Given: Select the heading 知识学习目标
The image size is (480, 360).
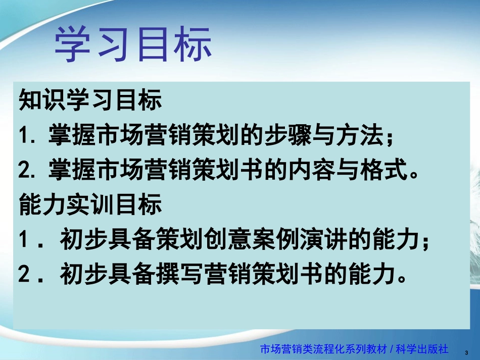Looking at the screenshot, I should click(90, 100).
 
